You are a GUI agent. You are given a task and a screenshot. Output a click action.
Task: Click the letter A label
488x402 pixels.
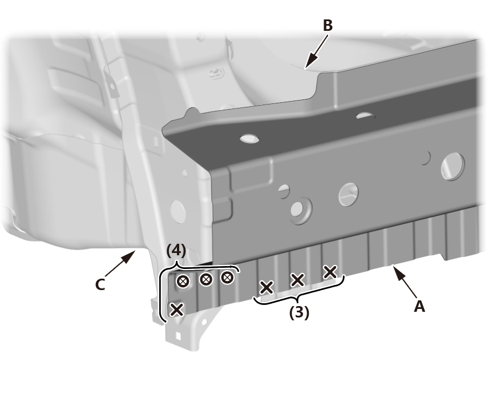tap(419, 306)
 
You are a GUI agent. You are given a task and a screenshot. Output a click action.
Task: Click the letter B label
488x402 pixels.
tap(328, 25)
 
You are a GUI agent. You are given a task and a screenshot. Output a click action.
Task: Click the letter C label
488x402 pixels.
tap(100, 284)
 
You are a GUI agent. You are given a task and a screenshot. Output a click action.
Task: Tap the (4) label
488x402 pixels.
tap(176, 251)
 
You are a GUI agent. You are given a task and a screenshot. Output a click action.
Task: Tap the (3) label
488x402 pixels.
tap(300, 312)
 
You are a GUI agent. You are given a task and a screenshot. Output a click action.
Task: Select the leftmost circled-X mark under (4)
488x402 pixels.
tap(183, 281)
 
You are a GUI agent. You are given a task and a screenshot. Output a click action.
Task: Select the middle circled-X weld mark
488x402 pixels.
tap(205, 279)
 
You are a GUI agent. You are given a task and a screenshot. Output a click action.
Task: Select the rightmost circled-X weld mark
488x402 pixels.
tap(228, 277)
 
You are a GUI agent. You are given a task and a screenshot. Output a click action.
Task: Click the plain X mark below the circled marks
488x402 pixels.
tap(177, 310)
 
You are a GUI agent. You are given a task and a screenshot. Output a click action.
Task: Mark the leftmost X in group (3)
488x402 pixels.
tap(267, 287)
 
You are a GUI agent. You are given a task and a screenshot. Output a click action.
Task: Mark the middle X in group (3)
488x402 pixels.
tap(297, 280)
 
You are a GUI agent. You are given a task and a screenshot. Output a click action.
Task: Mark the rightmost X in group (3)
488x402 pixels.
tap(330, 272)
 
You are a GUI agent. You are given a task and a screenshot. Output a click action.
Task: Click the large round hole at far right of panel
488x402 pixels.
tap(453, 166)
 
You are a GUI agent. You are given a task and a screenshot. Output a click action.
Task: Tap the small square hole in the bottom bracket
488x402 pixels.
tap(178, 336)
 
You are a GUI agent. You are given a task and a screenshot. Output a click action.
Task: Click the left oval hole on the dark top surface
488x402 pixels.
tap(249, 139)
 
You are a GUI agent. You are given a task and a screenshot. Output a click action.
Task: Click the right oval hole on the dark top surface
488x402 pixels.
tap(365, 116)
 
